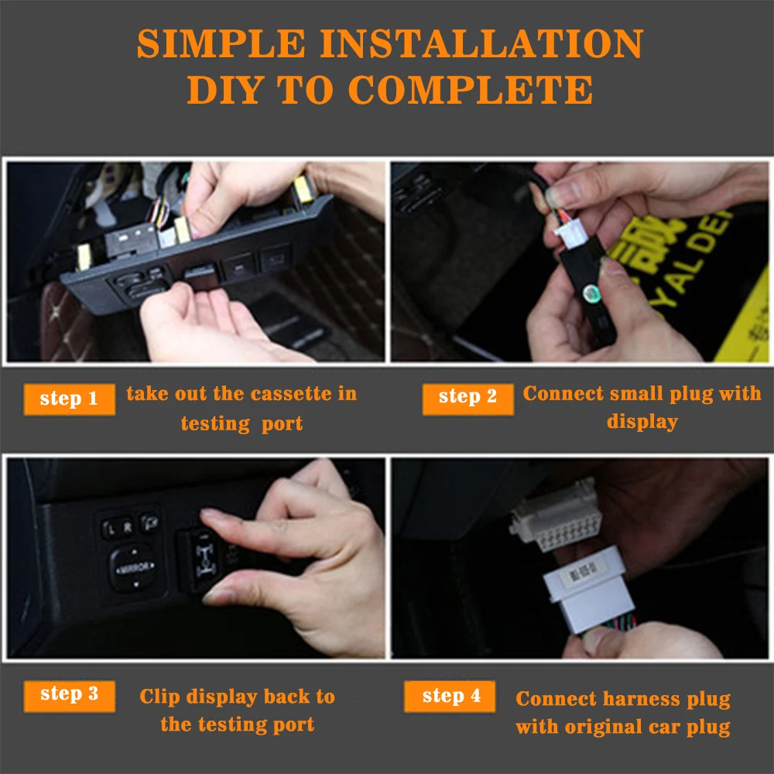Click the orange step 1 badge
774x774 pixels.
coord(69,399)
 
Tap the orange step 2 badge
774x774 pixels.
coord(467,397)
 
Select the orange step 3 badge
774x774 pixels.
coord(69,694)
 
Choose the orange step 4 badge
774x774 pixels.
coord(451,697)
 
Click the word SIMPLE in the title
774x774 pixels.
coord(223,44)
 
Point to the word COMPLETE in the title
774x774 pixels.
coord(471,91)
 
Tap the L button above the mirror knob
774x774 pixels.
coord(113,529)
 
